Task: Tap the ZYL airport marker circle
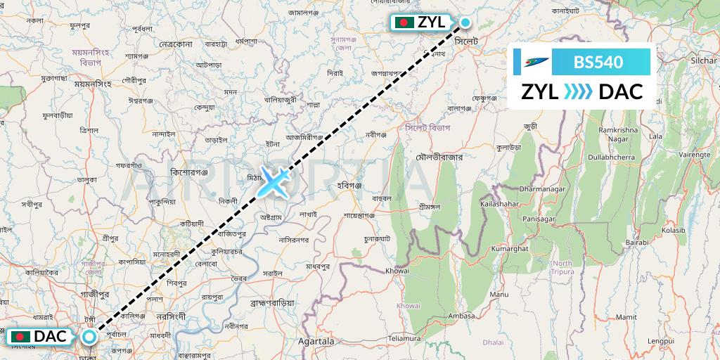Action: pos(465,22)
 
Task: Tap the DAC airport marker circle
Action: pos(89,337)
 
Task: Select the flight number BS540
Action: pos(598,62)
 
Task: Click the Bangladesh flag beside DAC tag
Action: pos(20,337)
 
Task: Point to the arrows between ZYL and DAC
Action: pos(578,91)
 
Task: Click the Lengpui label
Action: pos(662,341)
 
